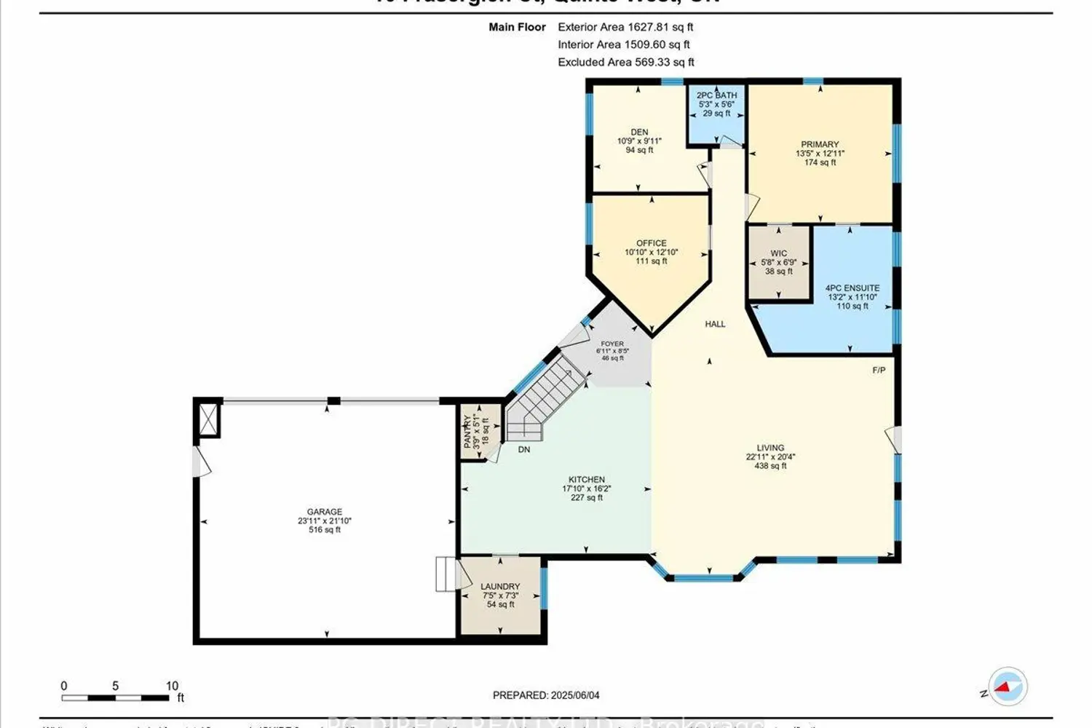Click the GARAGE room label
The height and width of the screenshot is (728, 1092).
324,512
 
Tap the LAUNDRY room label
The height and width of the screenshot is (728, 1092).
500,586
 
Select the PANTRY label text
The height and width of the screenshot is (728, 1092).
468,430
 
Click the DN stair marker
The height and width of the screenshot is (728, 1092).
523,450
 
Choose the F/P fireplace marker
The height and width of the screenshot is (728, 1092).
879,371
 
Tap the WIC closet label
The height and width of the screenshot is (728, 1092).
778,253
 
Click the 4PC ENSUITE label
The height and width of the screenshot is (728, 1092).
852,288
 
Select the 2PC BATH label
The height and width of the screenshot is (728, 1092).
716,95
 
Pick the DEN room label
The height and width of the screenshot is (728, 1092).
639,132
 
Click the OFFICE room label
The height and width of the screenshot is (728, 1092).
651,243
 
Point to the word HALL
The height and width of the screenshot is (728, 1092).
715,324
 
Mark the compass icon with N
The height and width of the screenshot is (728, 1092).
1008,687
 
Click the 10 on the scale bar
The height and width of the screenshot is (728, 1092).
172,686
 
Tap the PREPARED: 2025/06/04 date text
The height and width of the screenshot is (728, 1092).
546,695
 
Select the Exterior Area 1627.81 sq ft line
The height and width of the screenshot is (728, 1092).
625,27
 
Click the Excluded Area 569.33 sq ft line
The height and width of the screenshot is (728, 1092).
626,62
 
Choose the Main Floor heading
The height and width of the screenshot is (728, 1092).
517,27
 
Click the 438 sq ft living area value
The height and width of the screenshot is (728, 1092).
770,466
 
